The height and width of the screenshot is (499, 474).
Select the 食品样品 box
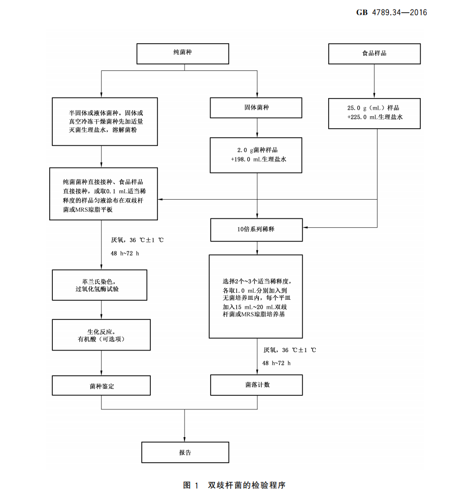[x=374, y=53]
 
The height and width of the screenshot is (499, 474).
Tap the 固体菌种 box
[x=256, y=107]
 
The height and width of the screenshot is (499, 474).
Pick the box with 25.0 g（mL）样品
[x=374, y=113]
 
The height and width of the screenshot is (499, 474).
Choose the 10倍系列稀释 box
[x=256, y=229]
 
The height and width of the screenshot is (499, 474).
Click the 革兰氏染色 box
[x=100, y=285]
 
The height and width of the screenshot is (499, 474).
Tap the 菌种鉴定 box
[x=102, y=386]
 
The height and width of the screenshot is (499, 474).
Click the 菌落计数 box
[x=256, y=385]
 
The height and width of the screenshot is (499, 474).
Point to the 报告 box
[x=185, y=452]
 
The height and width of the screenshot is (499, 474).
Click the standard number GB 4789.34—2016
[x=392, y=13]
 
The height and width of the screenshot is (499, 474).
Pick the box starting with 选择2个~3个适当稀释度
[x=256, y=297]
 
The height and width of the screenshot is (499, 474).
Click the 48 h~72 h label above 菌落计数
[x=276, y=363]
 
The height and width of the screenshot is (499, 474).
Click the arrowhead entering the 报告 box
[x=185, y=439]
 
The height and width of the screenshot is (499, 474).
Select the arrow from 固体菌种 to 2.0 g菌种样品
[x=257, y=128]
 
